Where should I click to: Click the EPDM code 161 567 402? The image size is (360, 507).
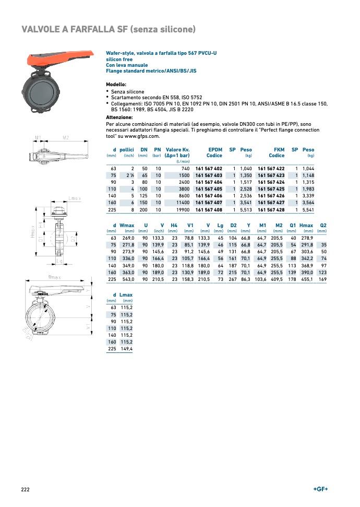coord(209,169)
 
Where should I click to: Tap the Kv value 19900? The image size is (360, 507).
coord(181,209)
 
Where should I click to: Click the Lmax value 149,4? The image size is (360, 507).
coord(126,349)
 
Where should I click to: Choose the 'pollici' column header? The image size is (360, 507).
coord(127,149)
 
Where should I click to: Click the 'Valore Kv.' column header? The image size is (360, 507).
coord(177,149)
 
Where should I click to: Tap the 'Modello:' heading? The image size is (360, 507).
coord(116,84)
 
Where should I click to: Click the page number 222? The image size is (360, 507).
coord(26,489)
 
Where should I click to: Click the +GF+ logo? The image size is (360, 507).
coord(320,488)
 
